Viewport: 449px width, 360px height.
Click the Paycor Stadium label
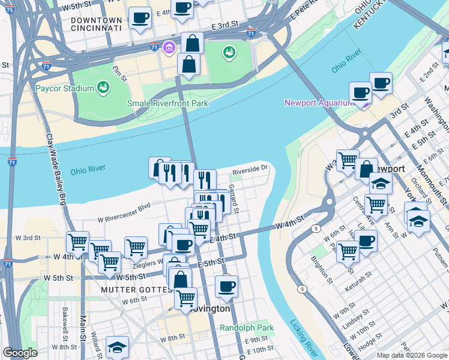click(64, 89)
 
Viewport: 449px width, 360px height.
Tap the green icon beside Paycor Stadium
click(104, 88)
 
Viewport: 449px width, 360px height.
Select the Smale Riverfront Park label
click(167, 103)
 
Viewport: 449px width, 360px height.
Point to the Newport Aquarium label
click(318, 103)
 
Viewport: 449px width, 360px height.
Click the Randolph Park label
click(246, 328)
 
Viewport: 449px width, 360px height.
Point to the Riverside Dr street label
click(249, 170)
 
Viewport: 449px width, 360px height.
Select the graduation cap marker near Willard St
click(117, 346)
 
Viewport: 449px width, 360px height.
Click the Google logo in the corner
click(20, 353)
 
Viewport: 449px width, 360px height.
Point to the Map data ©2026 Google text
click(411, 355)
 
